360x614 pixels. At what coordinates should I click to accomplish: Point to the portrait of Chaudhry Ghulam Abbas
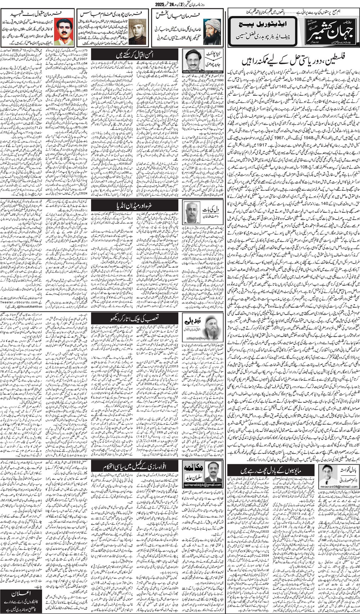point(134,29)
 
